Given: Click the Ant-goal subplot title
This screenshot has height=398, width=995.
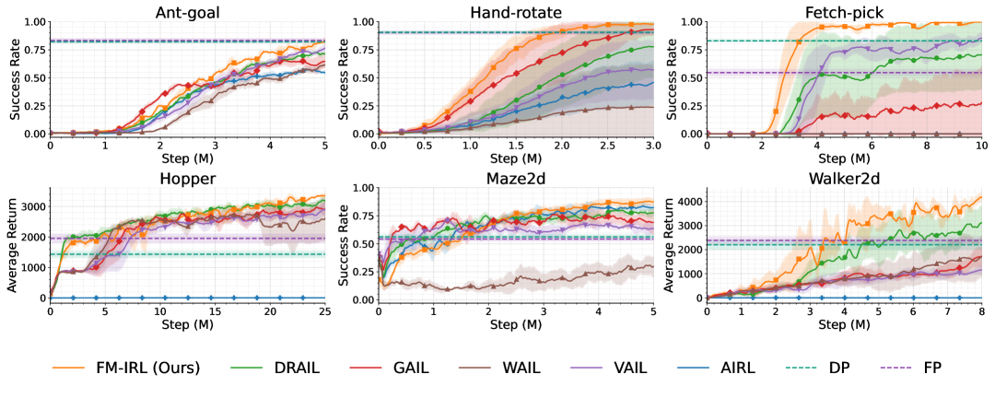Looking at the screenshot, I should click(187, 11).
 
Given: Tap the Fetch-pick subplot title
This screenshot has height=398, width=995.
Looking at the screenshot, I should click(845, 11).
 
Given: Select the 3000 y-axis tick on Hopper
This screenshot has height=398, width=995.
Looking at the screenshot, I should click(31, 207).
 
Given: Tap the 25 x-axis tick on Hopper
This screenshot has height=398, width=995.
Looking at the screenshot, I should click(325, 312).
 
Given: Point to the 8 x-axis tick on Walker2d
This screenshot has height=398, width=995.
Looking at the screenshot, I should click(981, 312).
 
